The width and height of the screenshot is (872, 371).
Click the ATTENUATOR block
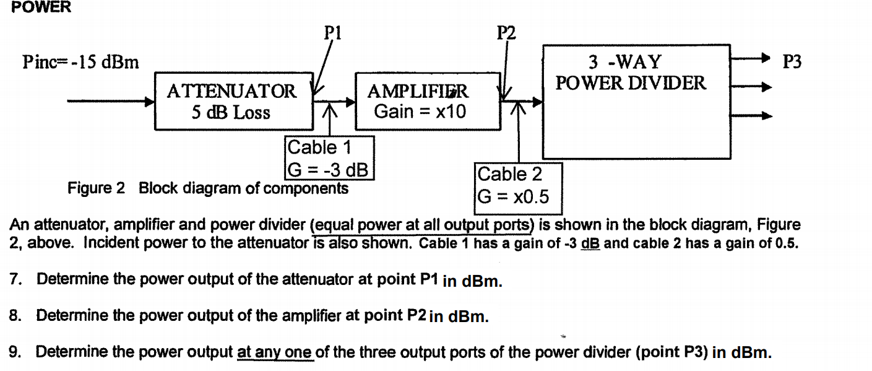233,102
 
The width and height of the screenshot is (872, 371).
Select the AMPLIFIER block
428,102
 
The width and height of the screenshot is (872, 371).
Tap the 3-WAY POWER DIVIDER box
636,102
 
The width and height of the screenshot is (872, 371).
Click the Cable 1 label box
329,158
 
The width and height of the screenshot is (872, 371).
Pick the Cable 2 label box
518,185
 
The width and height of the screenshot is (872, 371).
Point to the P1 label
333,31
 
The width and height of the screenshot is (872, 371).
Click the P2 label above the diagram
506,32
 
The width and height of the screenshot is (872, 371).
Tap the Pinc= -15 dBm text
80,62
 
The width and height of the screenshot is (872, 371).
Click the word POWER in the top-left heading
41,8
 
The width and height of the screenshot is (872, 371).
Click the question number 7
15,279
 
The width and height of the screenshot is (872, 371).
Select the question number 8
15,316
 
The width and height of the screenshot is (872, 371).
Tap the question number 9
15,352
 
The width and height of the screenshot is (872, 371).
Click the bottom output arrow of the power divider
751,115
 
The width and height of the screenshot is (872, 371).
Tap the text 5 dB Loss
231,113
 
